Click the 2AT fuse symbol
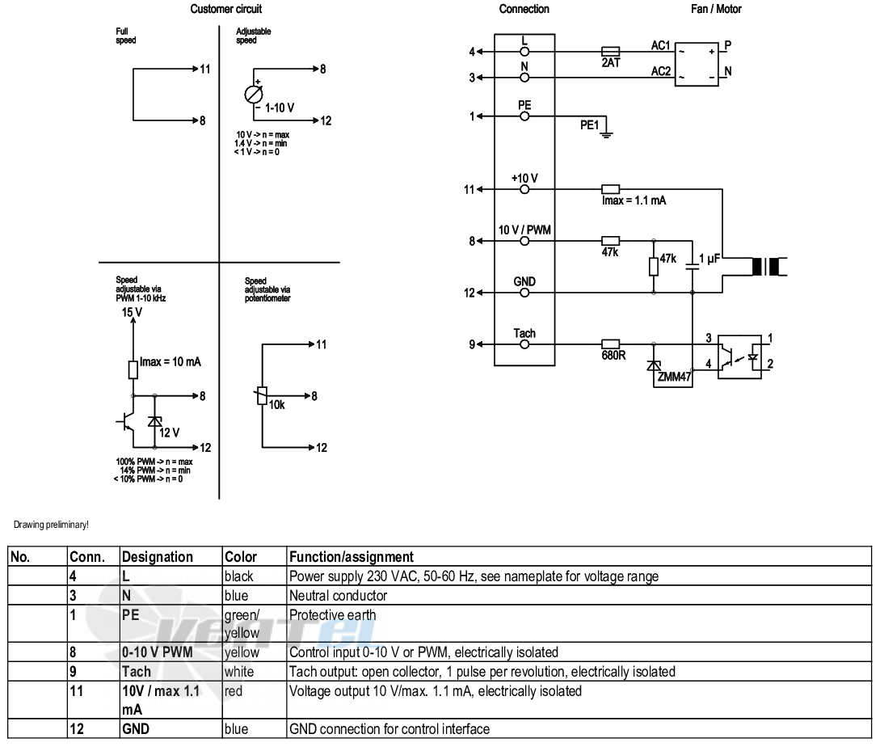point(611,51)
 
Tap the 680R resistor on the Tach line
point(611,344)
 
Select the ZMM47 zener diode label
point(674,377)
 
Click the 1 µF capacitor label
point(709,258)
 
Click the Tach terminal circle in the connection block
point(524,344)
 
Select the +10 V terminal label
point(524,178)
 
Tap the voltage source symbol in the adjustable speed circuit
point(254,94)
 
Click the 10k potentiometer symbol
point(262,396)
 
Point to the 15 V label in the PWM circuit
point(132,312)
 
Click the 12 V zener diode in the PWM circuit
point(154,421)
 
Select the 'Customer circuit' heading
point(226,9)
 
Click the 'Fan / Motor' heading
point(716,9)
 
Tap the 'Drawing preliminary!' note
point(51,525)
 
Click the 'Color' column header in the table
point(241,557)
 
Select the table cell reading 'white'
point(239,672)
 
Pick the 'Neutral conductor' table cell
point(339,596)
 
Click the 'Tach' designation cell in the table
point(137,672)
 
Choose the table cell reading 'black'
point(239,576)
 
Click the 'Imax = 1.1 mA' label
point(634,200)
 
